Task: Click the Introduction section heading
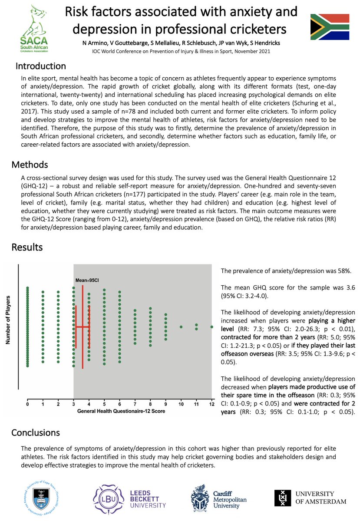pos(41,66)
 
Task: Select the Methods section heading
pos(30,165)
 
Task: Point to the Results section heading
pos(27,247)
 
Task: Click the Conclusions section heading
pos(36,432)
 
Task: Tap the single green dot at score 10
pos(181,314)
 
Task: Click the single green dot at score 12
pos(211,314)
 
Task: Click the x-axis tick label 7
pos(135,403)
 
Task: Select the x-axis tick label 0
pos(27,403)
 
